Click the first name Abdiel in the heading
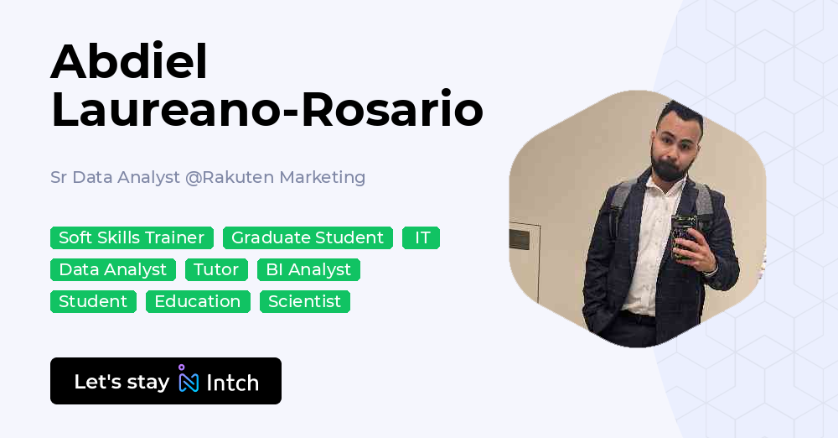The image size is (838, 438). click(129, 62)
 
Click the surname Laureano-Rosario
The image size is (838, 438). click(266, 111)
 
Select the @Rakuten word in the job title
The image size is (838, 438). click(230, 177)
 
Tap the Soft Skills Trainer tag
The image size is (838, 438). click(132, 238)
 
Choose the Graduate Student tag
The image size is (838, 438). click(308, 238)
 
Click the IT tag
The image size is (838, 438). click(422, 238)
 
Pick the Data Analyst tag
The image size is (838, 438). click(113, 270)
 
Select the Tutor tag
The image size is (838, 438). click(216, 270)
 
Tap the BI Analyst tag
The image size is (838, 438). click(308, 270)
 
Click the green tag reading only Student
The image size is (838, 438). click(93, 302)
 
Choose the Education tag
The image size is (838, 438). click(198, 302)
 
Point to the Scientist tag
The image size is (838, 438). click(305, 302)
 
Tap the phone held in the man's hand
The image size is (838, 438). click(684, 234)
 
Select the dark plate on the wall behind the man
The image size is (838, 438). click(519, 239)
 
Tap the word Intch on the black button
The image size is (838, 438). click(232, 383)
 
